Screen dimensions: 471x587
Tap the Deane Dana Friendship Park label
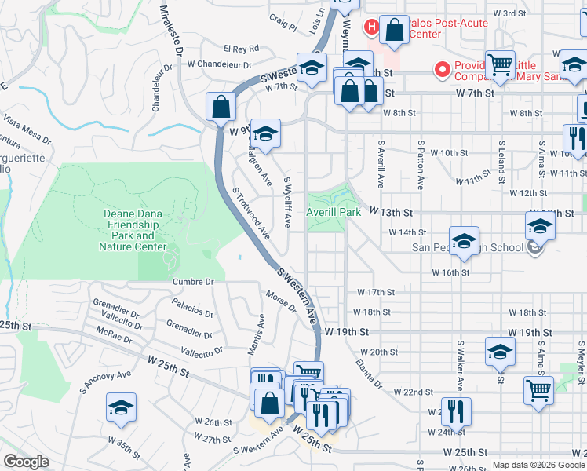click(133, 230)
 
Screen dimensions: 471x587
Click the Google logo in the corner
click(26, 462)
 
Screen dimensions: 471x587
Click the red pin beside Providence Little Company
click(442, 71)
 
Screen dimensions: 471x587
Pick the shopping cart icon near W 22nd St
click(538, 389)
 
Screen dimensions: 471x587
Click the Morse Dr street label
click(280, 301)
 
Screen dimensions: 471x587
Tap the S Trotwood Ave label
click(251, 214)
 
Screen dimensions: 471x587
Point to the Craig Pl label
click(283, 20)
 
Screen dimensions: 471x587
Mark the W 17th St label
click(375, 292)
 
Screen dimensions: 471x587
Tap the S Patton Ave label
click(421, 165)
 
